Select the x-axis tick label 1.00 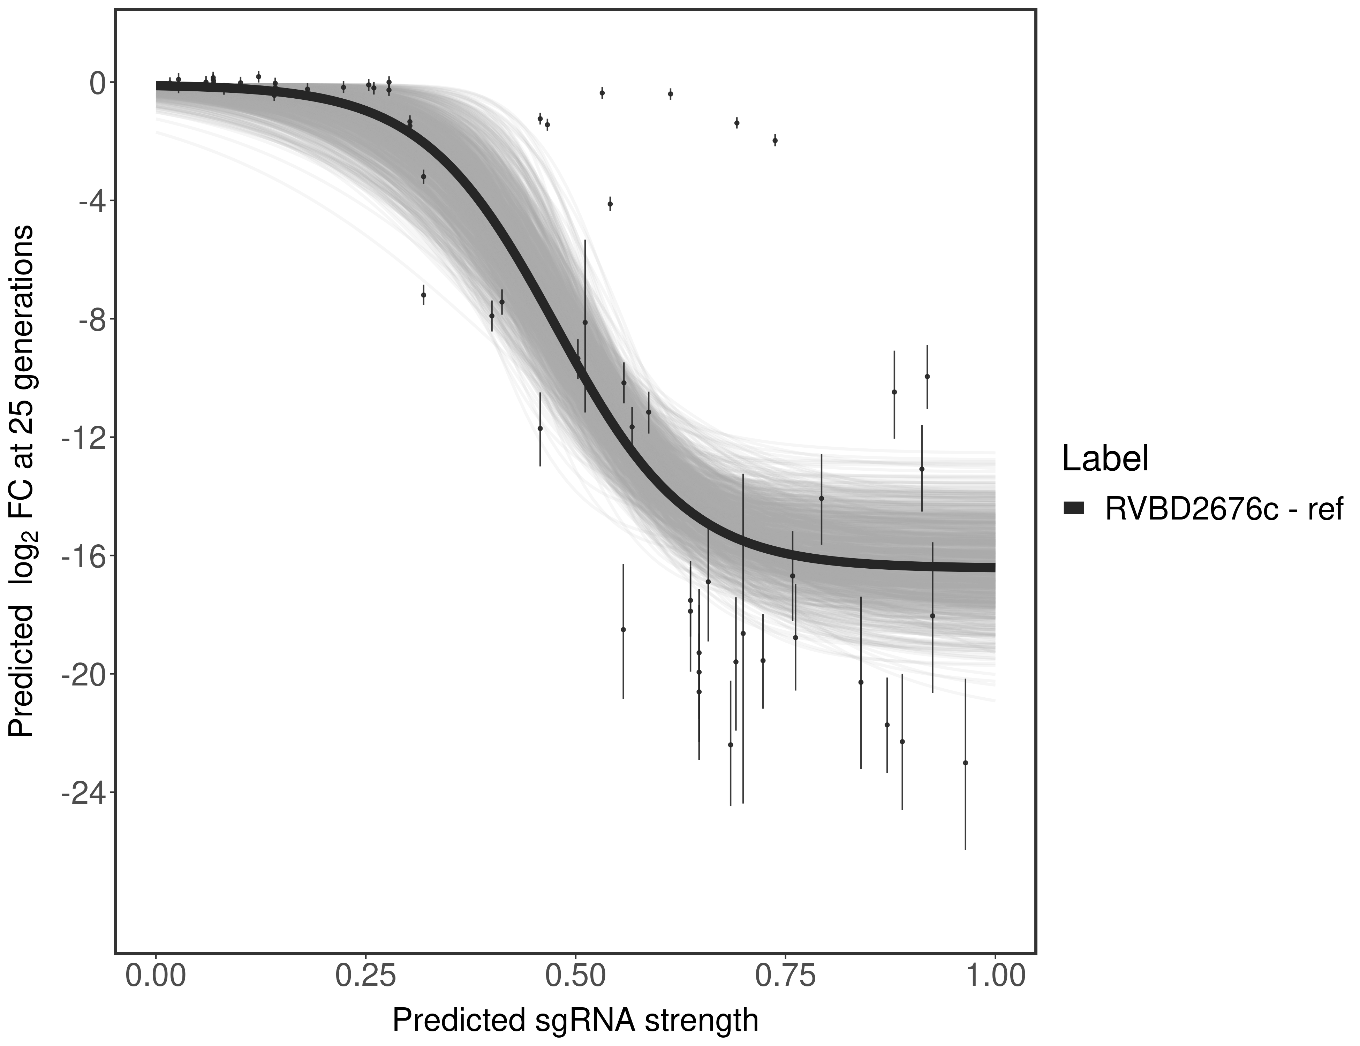(x=995, y=976)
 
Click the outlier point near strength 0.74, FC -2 (x=775, y=140)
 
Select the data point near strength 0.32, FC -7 (x=423, y=295)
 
